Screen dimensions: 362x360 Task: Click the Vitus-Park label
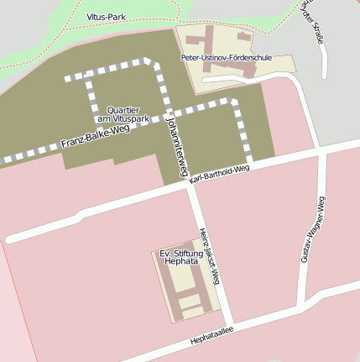coord(106,16)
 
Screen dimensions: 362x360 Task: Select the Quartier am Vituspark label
coord(128,114)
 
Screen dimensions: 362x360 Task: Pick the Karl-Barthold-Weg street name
coord(220,174)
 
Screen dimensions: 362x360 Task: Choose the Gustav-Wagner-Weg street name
coord(311,228)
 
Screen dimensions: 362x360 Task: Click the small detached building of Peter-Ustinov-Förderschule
coord(244,36)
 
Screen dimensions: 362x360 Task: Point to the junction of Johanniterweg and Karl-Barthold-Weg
coord(190,186)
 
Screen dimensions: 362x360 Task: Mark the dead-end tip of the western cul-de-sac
coord(10,239)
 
